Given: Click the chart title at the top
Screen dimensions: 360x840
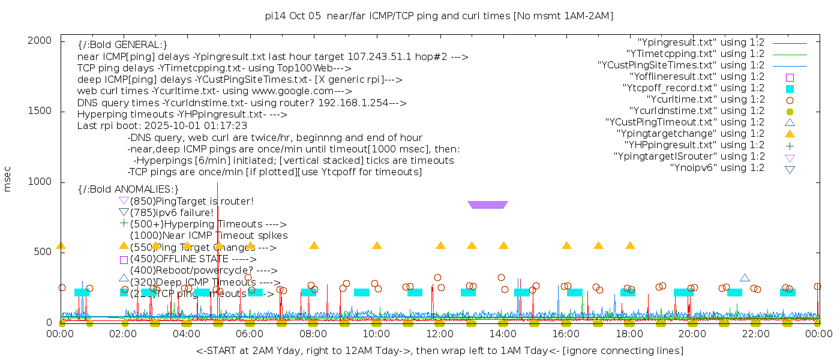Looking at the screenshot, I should [439, 16].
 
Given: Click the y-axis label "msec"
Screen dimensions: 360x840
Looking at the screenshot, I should [8, 179].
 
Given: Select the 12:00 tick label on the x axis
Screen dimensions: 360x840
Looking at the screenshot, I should [440, 334].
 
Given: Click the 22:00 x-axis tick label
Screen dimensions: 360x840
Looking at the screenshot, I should [755, 334].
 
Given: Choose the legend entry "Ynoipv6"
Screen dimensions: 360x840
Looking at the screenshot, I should [717, 168].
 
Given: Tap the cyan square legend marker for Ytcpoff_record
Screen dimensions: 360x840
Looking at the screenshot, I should [790, 89].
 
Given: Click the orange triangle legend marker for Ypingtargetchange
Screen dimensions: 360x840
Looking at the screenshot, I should [790, 134].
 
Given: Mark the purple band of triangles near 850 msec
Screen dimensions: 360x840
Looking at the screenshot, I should [487, 205].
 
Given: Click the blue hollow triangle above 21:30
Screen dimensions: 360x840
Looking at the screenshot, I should [745, 278].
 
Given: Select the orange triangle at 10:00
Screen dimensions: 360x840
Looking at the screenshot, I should [377, 245].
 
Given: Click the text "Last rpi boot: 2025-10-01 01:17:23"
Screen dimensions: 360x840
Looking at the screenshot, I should [162, 126].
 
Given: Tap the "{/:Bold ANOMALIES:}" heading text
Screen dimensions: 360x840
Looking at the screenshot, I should [128, 190].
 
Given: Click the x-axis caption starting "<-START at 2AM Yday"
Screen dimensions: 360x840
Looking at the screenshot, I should [439, 350].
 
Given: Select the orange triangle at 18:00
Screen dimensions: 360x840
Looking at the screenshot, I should [630, 245].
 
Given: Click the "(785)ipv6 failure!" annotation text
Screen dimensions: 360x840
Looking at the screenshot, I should [172, 212].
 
